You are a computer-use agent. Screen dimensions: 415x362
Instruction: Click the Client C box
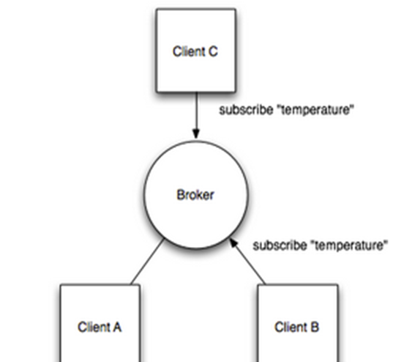tap(196, 51)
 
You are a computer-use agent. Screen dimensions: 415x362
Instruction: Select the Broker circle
tap(196, 195)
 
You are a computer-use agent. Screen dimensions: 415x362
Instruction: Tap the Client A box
tap(100, 323)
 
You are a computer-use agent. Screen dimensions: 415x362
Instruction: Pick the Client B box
tap(298, 323)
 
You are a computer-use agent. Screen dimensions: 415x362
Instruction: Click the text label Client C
tap(195, 51)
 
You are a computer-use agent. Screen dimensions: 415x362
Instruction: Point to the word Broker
tap(195, 195)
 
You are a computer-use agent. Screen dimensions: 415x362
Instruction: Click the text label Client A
tap(100, 327)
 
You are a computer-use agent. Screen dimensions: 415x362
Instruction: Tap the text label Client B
tap(296, 327)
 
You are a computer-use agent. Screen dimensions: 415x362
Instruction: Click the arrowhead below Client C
tap(196, 133)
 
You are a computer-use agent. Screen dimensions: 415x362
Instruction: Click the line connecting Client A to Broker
tap(148, 262)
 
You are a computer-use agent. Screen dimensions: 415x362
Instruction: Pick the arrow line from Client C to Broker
tap(196, 115)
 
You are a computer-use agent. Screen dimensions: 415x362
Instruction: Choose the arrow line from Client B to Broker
tap(247, 262)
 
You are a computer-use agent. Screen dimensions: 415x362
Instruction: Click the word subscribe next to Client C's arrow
tap(246, 109)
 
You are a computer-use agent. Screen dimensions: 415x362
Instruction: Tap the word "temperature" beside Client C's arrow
tap(316, 110)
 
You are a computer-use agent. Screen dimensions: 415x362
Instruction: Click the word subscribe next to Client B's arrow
tap(280, 245)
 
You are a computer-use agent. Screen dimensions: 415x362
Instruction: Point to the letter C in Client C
tap(213, 51)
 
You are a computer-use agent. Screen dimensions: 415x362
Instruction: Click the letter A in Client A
tap(116, 327)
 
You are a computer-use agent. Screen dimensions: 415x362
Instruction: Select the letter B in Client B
tap(315, 327)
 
